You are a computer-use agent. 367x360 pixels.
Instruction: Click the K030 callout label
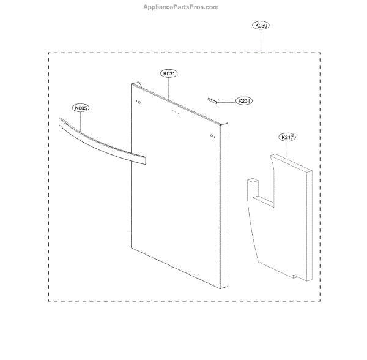(261, 26)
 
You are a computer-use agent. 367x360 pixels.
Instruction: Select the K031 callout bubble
(169, 73)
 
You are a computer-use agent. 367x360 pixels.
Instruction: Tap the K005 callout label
(81, 108)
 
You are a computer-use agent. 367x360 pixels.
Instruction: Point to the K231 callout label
(243, 101)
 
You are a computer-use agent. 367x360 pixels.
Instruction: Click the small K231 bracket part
(212, 99)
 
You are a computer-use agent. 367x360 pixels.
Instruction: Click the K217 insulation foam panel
(281, 214)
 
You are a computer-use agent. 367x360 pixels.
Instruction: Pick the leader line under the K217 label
(287, 149)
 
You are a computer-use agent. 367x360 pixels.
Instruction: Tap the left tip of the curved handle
(58, 121)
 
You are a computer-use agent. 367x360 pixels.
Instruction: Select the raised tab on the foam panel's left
(253, 183)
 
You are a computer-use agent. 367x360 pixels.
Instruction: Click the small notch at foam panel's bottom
(297, 276)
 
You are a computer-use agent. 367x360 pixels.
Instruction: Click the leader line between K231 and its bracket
(226, 101)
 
